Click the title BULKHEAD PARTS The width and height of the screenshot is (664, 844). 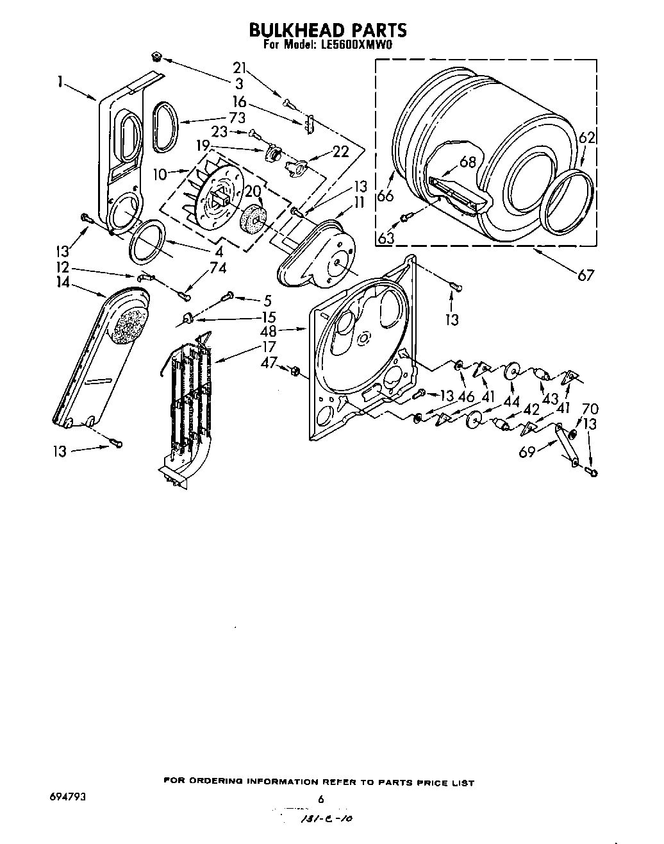point(327,30)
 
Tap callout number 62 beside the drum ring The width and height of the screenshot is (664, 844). point(587,137)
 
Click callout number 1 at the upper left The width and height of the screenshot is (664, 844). point(59,82)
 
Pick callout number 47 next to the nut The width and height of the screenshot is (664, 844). point(269,363)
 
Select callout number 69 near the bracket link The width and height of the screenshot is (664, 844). point(526,452)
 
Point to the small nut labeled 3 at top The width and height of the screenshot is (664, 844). point(156,58)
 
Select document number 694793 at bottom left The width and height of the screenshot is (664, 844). point(67,797)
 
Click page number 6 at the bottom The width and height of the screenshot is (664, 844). point(322,799)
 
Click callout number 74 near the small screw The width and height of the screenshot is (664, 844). point(218,269)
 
